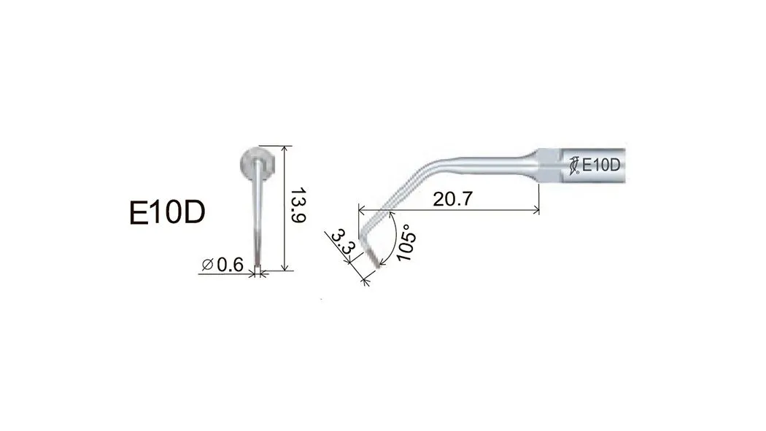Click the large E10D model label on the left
pos(167,212)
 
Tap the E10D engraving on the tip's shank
pos(601,165)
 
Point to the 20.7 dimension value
pos(453,198)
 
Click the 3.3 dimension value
pos(342,242)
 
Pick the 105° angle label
pos(406,243)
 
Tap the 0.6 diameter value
pos(230,265)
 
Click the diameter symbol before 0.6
pos(208,265)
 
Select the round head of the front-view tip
pos(257,163)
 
